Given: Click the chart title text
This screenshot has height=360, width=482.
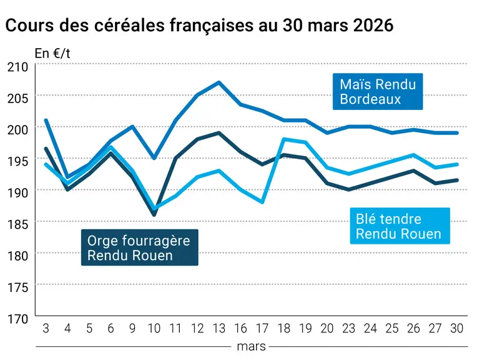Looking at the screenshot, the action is [199, 25].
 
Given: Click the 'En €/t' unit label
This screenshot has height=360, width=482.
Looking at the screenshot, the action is [52, 54].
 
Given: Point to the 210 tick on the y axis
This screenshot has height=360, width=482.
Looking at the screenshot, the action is [17, 67].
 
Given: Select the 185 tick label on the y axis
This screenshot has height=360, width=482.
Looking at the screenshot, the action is [17, 224].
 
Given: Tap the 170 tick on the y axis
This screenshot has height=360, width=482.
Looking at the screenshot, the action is [17, 319].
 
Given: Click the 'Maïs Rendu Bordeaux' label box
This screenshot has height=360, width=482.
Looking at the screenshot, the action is [378, 91].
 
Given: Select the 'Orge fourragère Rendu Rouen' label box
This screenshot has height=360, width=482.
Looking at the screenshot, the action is [140, 247].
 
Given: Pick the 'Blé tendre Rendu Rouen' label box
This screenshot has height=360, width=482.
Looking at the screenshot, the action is [400, 226].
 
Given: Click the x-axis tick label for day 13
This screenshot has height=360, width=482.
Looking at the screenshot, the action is [219, 329].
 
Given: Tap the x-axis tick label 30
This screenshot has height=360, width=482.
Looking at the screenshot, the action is [457, 329].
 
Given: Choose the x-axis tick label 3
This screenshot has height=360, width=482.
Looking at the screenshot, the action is [46, 329].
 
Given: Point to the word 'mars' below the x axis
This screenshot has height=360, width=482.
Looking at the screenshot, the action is [251, 347].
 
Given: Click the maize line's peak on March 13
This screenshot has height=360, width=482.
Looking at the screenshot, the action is [219, 82].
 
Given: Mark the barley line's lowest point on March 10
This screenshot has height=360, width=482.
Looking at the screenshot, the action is [154, 215].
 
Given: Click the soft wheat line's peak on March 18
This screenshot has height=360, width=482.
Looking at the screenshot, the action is [283, 139].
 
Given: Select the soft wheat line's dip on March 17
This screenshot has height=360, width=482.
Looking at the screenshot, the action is [262, 202].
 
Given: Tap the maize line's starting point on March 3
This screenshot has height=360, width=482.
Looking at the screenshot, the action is [46, 120].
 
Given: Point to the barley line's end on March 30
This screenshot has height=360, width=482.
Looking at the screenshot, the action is [457, 180].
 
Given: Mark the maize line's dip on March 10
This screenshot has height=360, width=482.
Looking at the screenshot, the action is [154, 158].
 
